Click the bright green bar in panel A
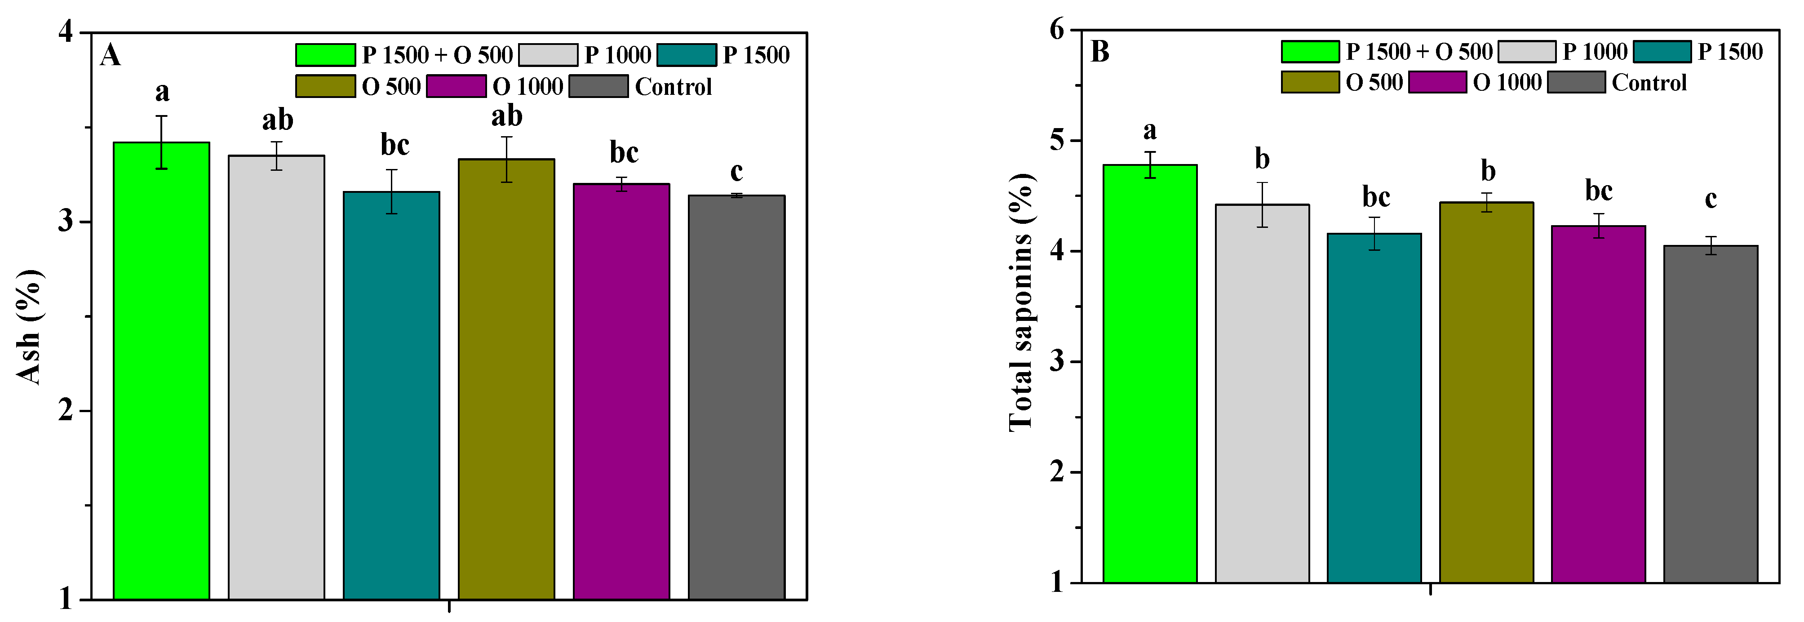tap(161, 371)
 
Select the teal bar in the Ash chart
tap(391, 396)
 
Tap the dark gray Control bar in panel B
tap(1710, 413)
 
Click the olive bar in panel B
tap(1486, 392)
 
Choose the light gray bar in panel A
tap(276, 378)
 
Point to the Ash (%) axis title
tap(29, 327)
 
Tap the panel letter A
tap(110, 55)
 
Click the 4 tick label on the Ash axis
tap(66, 32)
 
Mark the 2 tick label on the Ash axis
tap(66, 410)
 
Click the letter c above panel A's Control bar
tap(736, 172)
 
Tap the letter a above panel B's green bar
tap(1149, 130)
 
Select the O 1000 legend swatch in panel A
tap(456, 86)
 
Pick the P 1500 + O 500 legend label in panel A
tap(437, 55)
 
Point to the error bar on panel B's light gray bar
tap(1262, 204)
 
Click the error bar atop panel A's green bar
tap(161, 142)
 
